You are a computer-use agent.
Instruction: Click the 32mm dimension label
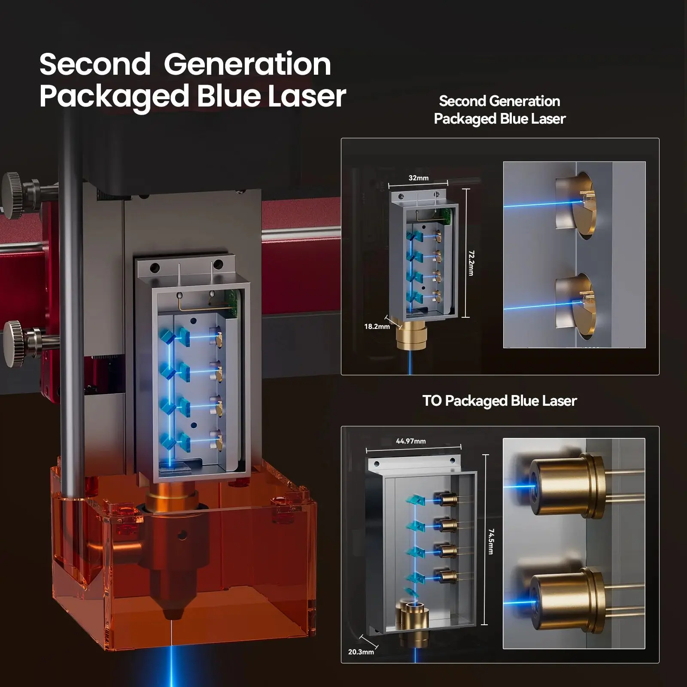coord(418,178)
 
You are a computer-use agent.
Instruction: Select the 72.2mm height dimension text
coord(471,263)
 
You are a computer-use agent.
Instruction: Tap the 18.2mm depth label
coord(377,326)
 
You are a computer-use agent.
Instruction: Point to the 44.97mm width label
coord(411,441)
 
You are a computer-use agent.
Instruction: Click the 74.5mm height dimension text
coord(491,541)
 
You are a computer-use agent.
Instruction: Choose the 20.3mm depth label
coord(361,652)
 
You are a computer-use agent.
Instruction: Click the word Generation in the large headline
coord(247,64)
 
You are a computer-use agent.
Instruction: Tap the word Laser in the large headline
coord(307,96)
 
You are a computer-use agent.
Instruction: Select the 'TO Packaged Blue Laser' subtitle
coord(499,401)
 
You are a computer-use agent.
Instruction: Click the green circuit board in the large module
coord(232,303)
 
